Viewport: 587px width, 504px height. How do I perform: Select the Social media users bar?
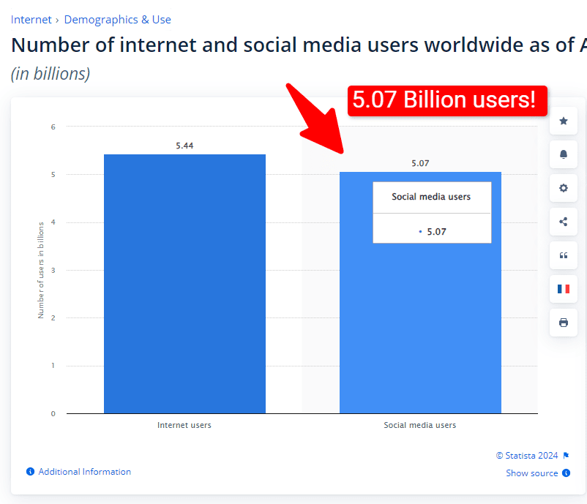[420, 329]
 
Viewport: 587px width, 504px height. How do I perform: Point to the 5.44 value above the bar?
[184, 146]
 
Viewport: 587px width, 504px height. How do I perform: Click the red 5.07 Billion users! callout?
[447, 100]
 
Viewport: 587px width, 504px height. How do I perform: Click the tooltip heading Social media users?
[431, 197]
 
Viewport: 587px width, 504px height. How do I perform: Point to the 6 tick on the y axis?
[53, 127]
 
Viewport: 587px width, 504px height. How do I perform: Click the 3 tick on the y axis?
[53, 270]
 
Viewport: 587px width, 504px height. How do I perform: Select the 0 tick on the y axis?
[53, 413]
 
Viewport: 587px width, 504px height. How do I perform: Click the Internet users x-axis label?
[184, 425]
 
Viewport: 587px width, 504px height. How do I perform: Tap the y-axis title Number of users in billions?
[41, 270]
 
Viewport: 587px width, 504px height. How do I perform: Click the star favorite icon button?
[563, 121]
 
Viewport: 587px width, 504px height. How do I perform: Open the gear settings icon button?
[563, 188]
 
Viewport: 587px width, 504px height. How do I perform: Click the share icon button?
[563, 222]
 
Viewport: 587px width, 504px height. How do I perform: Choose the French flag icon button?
[563, 289]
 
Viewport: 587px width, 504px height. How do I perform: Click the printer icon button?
[563, 323]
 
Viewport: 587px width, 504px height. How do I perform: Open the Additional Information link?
[84, 472]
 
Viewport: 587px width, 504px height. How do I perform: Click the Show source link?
[532, 473]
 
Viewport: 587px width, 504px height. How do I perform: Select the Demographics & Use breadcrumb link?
[118, 20]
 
